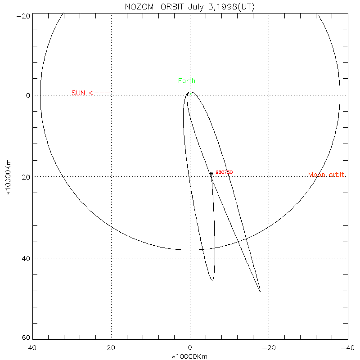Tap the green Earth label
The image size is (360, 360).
pyautogui.click(x=187, y=81)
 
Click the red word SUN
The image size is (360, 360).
pyautogui.click(x=78, y=93)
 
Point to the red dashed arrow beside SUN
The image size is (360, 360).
pyautogui.click(x=102, y=93)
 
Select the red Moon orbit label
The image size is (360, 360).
pyautogui.click(x=327, y=175)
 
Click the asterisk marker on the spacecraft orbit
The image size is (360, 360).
pyautogui.click(x=211, y=173)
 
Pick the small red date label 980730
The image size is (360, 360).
pyautogui.click(x=224, y=172)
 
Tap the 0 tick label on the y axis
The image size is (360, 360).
pyautogui.click(x=27, y=95)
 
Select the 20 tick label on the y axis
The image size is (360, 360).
pyautogui.click(x=26, y=177)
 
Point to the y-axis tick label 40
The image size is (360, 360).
pyautogui.click(x=26, y=258)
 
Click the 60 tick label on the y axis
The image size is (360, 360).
pyautogui.click(x=26, y=338)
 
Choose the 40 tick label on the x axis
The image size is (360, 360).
pyautogui.click(x=32, y=348)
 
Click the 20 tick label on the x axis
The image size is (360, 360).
pyautogui.click(x=111, y=348)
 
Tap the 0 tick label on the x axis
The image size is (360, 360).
pyautogui.click(x=190, y=348)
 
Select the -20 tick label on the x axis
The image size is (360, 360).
pyautogui.click(x=269, y=348)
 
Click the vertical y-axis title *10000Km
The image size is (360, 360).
pyautogui.click(x=8, y=177)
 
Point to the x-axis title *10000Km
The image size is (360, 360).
pyautogui.click(x=190, y=356)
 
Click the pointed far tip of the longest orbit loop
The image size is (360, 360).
pyautogui.click(x=260, y=292)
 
